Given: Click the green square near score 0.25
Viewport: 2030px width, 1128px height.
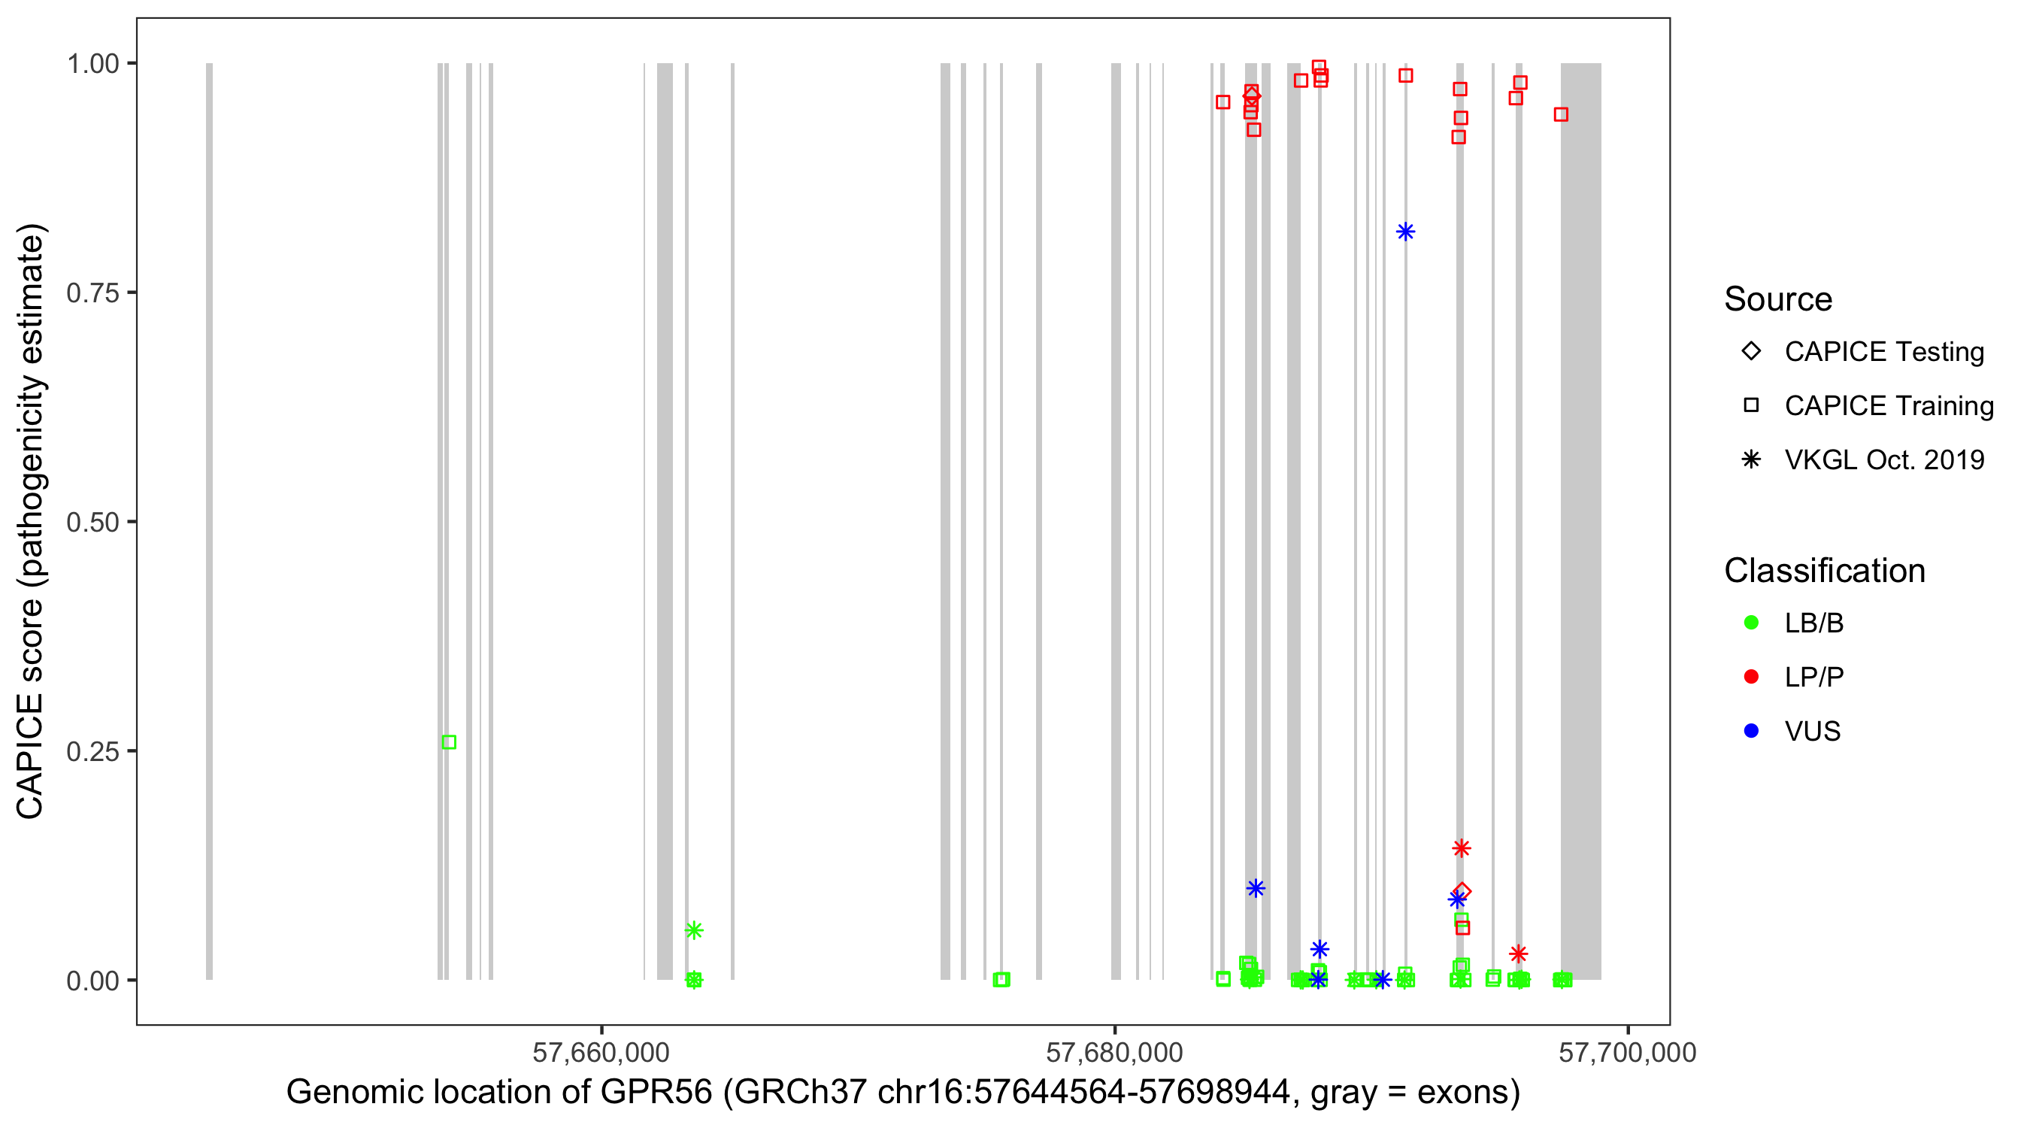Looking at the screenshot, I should (x=449, y=741).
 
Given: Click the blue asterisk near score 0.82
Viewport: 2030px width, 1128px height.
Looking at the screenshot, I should (x=1405, y=232).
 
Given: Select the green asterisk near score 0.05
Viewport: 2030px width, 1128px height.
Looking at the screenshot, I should (x=693, y=930).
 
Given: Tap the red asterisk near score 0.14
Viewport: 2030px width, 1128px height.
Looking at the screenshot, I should (x=1461, y=848).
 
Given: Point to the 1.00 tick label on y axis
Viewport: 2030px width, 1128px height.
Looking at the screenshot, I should (x=92, y=64).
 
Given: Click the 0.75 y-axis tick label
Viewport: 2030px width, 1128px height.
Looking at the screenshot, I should (x=92, y=293).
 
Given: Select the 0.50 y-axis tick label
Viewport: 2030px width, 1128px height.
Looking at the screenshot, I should (x=92, y=522).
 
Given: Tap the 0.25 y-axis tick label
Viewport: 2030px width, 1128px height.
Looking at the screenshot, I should (x=92, y=751).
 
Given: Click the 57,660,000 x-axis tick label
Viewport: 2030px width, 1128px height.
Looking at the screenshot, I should (x=601, y=1052).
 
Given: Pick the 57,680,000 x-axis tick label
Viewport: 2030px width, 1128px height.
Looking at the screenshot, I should (x=1114, y=1052).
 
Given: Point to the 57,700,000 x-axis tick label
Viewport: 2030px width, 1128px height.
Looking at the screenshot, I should (x=1627, y=1052).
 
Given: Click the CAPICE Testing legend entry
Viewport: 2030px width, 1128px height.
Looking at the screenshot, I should (x=1883, y=352).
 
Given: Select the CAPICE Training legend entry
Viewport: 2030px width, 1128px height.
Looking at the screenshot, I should (x=1888, y=406).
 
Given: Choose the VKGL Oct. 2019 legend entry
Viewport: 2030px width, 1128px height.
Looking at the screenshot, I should (x=1883, y=459).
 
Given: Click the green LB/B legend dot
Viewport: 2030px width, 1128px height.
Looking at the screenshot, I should (x=1751, y=623).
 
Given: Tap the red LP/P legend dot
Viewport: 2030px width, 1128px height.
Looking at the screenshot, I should (x=1751, y=677).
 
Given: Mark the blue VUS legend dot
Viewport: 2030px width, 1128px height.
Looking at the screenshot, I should (x=1751, y=731).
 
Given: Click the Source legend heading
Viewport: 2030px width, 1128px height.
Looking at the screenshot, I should (x=1778, y=299).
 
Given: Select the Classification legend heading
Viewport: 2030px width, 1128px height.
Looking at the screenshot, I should (x=1824, y=571).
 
